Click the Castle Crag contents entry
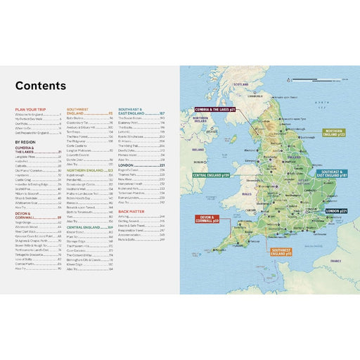[x=23, y=179]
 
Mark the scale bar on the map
[x=325, y=82]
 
